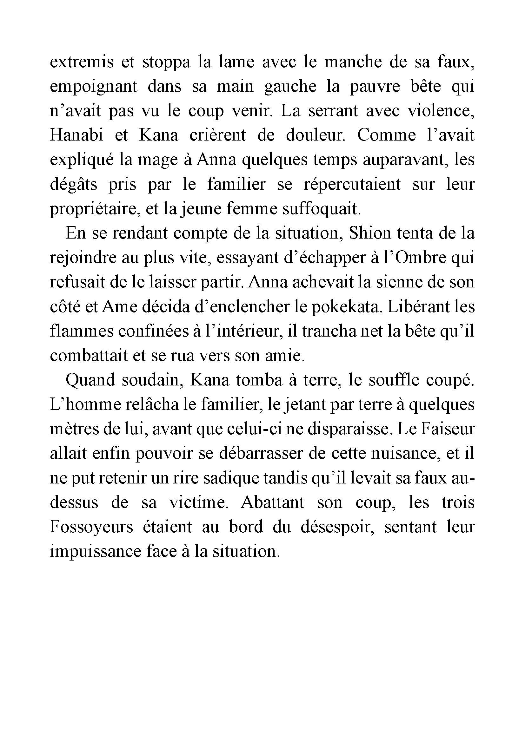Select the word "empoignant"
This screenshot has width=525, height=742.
click(93, 87)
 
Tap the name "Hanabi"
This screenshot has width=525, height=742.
click(76, 135)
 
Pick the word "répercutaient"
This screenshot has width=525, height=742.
click(352, 185)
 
